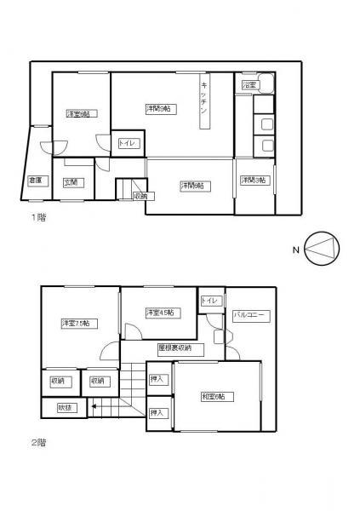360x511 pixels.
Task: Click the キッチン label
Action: tap(205, 100)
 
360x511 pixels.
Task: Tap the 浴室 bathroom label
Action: tap(249, 86)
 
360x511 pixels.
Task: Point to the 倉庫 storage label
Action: tap(36, 181)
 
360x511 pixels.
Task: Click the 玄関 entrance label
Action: tap(71, 181)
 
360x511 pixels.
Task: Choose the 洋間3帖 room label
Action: tap(253, 181)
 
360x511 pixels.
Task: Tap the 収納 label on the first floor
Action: tap(140, 197)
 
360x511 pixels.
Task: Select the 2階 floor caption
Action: tap(38, 442)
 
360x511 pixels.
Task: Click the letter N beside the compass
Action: tap(294, 250)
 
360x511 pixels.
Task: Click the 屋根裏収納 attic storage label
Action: tap(174, 348)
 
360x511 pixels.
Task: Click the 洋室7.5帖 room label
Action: tap(76, 323)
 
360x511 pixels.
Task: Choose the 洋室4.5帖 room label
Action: tap(159, 313)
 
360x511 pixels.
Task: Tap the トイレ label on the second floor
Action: tap(210, 301)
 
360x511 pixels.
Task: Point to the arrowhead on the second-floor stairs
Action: tap(91, 407)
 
